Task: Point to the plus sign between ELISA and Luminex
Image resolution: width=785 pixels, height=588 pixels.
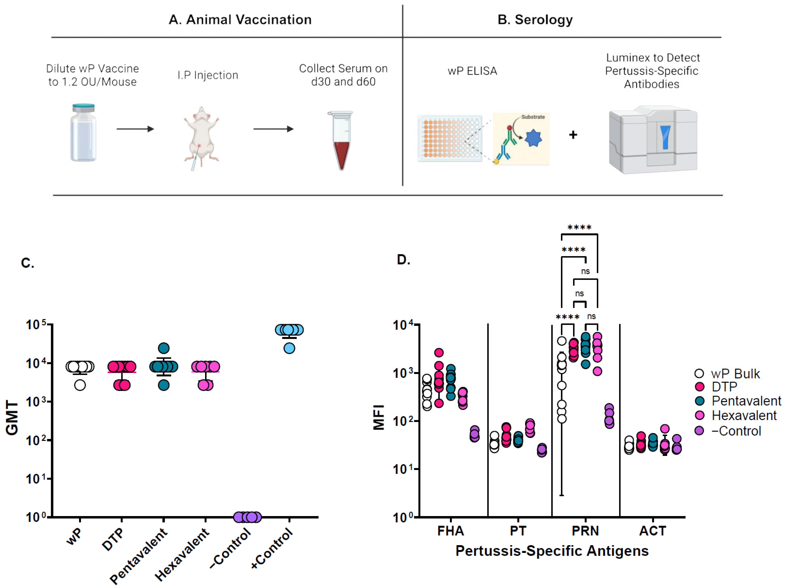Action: tap(573, 135)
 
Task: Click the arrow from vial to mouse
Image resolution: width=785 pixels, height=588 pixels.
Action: tap(135, 129)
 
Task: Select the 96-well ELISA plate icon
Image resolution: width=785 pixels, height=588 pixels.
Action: tap(450, 138)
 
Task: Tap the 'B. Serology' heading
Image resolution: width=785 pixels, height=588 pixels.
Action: tap(535, 19)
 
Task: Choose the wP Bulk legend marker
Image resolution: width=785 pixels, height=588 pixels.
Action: tap(699, 373)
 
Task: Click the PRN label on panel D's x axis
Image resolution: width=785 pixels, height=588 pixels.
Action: tap(585, 531)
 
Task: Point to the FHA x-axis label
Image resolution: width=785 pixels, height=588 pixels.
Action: tap(450, 531)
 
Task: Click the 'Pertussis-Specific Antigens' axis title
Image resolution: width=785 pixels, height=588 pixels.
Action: tap(552, 551)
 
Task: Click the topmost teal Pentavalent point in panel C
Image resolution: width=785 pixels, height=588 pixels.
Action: tap(164, 348)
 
